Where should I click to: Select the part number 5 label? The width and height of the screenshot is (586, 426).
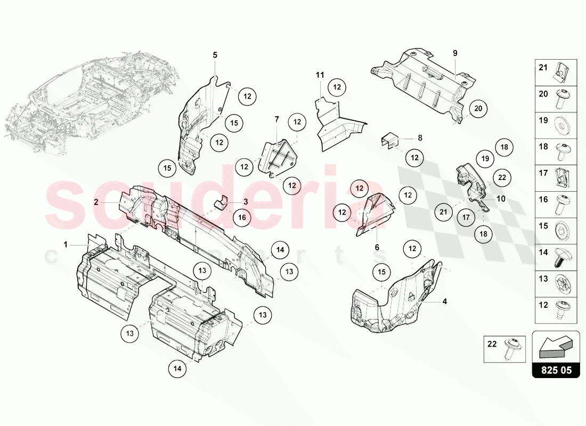point(215,55)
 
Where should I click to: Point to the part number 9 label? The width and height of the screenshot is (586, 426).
point(455,53)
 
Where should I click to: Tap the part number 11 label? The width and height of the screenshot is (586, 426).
point(320,75)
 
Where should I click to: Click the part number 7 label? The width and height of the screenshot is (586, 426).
point(277,119)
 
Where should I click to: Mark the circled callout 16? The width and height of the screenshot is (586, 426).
point(242,217)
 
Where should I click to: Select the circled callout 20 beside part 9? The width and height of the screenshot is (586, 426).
point(478,109)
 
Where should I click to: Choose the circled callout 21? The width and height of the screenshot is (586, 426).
point(443,212)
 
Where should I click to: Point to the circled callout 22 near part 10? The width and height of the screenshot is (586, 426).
point(502,178)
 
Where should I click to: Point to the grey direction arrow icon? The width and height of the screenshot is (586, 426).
point(555,345)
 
